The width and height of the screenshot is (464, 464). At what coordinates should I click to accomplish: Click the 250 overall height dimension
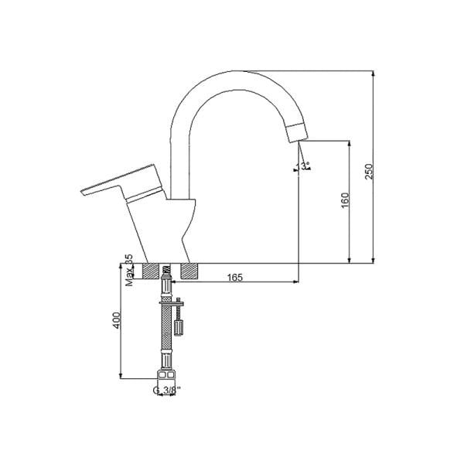369,170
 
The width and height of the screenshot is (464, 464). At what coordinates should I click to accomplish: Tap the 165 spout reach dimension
237,276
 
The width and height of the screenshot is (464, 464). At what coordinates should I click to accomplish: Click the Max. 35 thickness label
128,270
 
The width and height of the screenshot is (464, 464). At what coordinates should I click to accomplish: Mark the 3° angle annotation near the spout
304,165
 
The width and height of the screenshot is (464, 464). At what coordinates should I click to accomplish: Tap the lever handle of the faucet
116,186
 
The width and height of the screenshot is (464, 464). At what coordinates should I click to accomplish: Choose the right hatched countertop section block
189,271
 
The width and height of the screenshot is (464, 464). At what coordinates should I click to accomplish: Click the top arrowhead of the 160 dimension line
351,144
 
